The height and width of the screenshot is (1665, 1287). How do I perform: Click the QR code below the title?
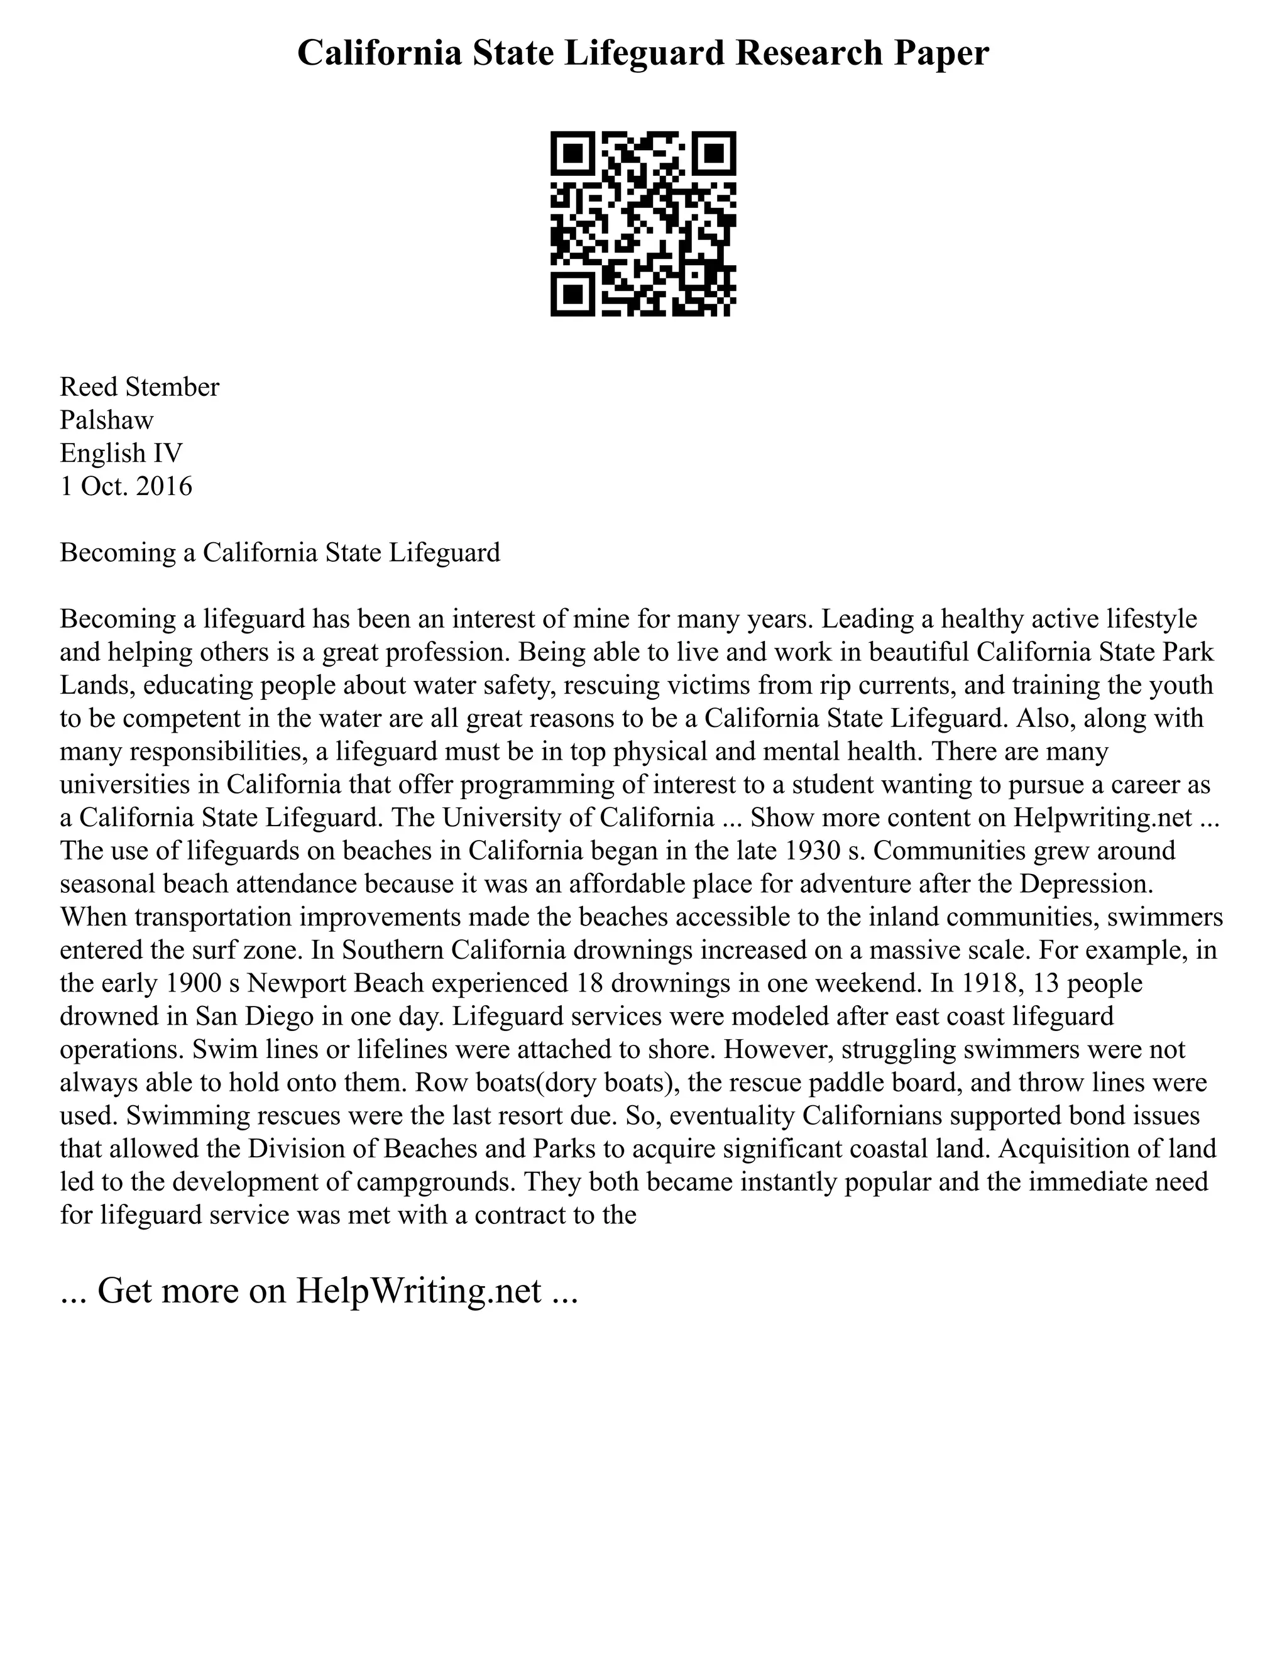point(643,224)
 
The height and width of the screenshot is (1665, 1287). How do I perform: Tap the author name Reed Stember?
point(140,387)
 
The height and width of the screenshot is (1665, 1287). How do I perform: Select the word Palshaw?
point(107,420)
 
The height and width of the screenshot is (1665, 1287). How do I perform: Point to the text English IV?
point(121,453)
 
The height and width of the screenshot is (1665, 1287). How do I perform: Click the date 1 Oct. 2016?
point(126,486)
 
